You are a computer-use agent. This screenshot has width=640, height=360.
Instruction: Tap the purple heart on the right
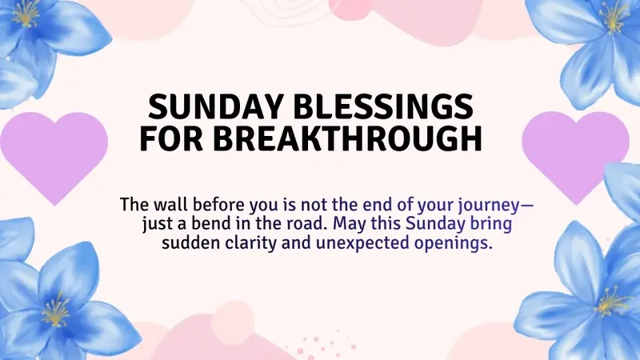575,152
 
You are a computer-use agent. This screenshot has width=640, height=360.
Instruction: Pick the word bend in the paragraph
216,223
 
